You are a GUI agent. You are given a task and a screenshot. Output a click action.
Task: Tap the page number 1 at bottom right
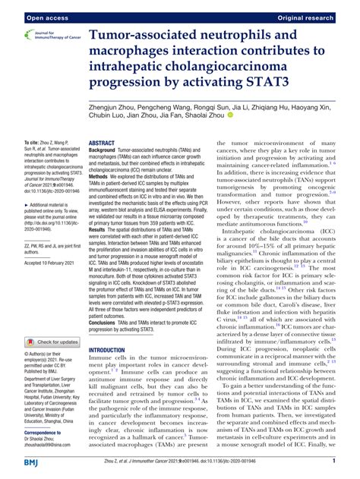[x=334, y=462]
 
